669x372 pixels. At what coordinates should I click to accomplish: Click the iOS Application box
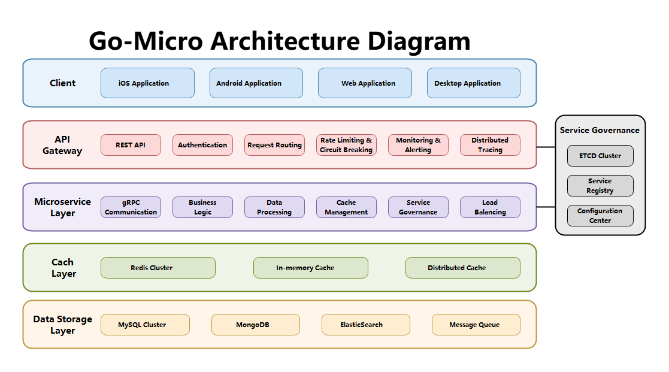pos(147,83)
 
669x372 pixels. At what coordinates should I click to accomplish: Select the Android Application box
pos(256,83)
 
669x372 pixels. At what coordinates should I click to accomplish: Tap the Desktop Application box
pos(473,83)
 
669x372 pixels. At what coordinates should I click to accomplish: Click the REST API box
pos(131,145)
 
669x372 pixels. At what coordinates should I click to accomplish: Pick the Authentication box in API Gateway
pos(202,145)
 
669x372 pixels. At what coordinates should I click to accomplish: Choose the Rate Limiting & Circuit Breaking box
pos(346,145)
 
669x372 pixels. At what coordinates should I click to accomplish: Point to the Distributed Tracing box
pos(490,145)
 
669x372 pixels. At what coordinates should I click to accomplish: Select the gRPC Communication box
pos(131,207)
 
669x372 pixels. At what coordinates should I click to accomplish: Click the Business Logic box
pos(202,207)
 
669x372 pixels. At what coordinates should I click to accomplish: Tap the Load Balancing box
pos(490,207)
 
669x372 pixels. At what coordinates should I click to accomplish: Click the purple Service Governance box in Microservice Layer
pos(418,207)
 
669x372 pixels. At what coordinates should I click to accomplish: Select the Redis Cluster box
pos(158,268)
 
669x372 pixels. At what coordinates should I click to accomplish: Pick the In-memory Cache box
pos(310,268)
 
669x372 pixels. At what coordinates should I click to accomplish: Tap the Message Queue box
pos(476,325)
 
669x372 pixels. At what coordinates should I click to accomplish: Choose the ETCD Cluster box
pos(600,156)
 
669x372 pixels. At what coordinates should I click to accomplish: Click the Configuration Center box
pos(600,216)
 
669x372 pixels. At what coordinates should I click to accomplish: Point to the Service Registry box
pos(600,186)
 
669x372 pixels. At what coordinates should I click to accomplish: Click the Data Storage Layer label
pos(62,325)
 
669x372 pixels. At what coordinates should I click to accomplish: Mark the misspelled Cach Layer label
pos(63,268)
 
